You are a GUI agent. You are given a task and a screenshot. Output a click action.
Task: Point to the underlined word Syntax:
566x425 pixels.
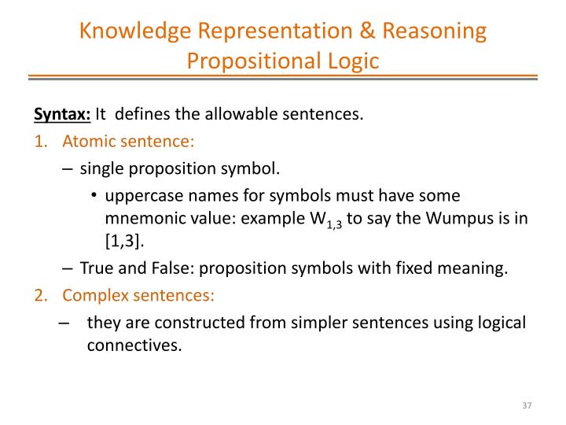point(62,114)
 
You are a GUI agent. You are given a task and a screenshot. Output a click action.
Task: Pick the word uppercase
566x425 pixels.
point(144,194)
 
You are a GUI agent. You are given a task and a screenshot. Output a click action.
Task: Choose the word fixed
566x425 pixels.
point(413,268)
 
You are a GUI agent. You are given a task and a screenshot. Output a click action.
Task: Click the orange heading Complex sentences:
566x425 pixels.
point(138,295)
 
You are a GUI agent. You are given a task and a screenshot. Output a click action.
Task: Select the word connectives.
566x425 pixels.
point(134,344)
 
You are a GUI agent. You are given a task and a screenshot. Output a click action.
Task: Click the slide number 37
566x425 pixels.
point(527,405)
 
